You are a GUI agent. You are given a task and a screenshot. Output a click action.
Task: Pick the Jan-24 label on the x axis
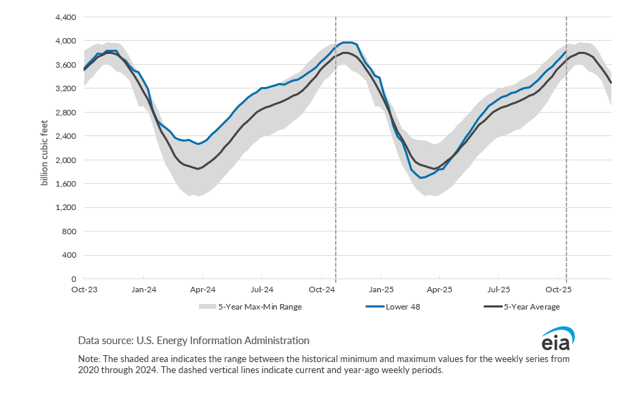(143, 290)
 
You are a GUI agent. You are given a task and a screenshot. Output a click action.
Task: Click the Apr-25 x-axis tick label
(440, 290)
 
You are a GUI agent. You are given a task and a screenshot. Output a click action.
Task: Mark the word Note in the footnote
(88, 360)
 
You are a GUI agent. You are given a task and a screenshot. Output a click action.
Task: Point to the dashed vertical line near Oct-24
(336, 173)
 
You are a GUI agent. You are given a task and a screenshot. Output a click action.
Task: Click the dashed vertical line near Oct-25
(566, 173)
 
